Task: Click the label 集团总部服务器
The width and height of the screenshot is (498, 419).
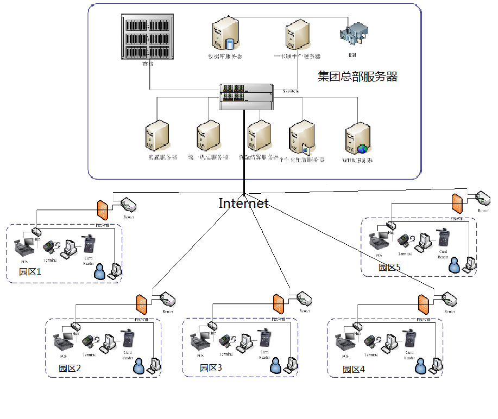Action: pyautogui.click(x=357, y=77)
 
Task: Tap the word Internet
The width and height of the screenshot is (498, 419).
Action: pyautogui.click(x=243, y=204)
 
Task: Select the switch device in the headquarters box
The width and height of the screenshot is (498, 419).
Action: pyautogui.click(x=246, y=96)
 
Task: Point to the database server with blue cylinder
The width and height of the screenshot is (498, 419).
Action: pyautogui.click(x=225, y=35)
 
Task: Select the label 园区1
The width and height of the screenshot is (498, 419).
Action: pyautogui.click(x=30, y=272)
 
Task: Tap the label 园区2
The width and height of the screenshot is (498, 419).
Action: pyautogui.click(x=70, y=368)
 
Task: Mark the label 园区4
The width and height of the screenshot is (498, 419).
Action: pyautogui.click(x=354, y=369)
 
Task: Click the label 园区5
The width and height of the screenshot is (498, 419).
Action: pyautogui.click(x=389, y=267)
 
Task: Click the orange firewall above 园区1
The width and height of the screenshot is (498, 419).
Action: pyautogui.click(x=102, y=210)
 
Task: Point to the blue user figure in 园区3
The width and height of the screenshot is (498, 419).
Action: pyautogui.click(x=277, y=366)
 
